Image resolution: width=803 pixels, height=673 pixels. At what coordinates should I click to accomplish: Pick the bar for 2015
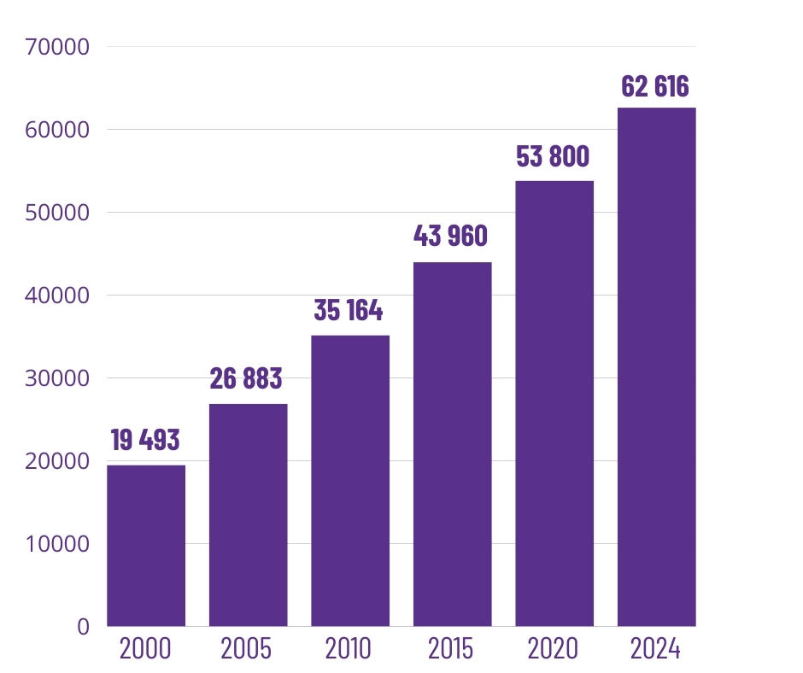point(452,443)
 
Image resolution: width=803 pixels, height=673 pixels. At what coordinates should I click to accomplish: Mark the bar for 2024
point(656,366)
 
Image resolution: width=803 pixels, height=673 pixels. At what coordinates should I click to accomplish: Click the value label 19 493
point(145,441)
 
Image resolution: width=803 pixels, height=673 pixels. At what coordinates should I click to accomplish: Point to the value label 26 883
point(246,379)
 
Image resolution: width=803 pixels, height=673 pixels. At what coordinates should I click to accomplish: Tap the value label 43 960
point(451,237)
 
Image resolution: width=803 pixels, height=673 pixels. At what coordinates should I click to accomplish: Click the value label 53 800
point(554,157)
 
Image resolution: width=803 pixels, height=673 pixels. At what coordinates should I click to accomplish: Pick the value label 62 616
point(655,87)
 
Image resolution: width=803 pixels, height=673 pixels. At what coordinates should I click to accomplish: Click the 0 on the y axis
point(83,627)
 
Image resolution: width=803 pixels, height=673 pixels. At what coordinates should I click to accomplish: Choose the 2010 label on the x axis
point(349,649)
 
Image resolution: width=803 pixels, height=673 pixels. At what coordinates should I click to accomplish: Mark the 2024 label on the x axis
point(655,649)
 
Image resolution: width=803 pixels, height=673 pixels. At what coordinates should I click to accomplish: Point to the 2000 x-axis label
point(145,649)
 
